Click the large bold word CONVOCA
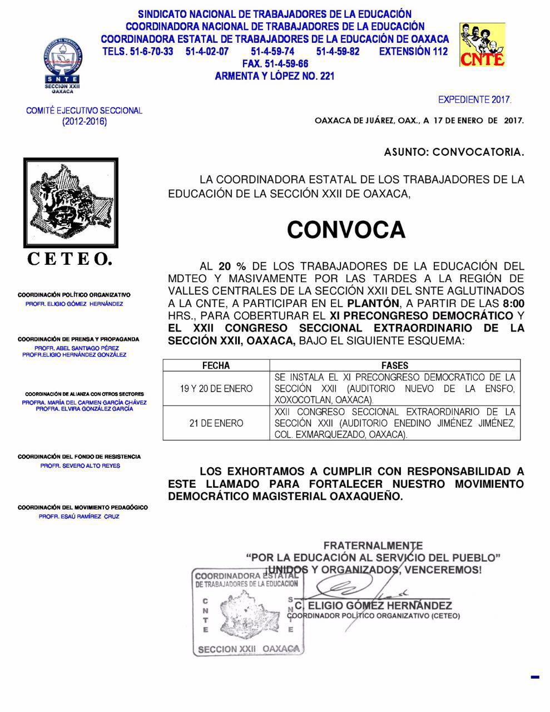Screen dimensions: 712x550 click(x=346, y=230)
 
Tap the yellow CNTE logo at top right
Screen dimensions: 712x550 click(x=482, y=44)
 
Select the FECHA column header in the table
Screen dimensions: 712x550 click(x=216, y=365)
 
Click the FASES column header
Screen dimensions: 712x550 click(x=395, y=365)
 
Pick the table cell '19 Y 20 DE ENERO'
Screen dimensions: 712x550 click(x=216, y=389)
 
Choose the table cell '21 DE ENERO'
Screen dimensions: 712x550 click(x=216, y=423)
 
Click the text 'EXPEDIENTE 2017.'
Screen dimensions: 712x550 click(x=474, y=100)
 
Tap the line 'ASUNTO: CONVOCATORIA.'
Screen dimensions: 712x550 click(x=454, y=152)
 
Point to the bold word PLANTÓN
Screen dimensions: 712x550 click(x=373, y=303)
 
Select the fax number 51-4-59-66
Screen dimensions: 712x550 click(x=275, y=64)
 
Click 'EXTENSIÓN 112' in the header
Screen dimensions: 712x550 click(x=413, y=52)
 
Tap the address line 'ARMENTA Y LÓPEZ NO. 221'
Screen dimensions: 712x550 click(x=275, y=76)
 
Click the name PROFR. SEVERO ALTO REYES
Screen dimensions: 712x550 click(x=80, y=466)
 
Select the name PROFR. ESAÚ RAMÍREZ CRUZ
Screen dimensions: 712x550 click(x=79, y=517)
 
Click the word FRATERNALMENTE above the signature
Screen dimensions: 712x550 click(x=373, y=546)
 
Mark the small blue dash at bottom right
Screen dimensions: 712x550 click(x=536, y=677)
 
